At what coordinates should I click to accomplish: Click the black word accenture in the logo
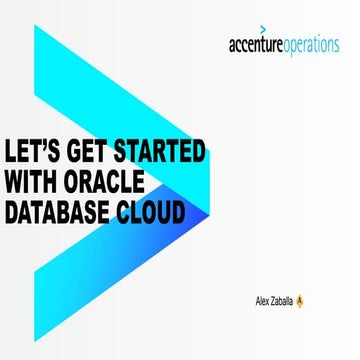tap(261, 46)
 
